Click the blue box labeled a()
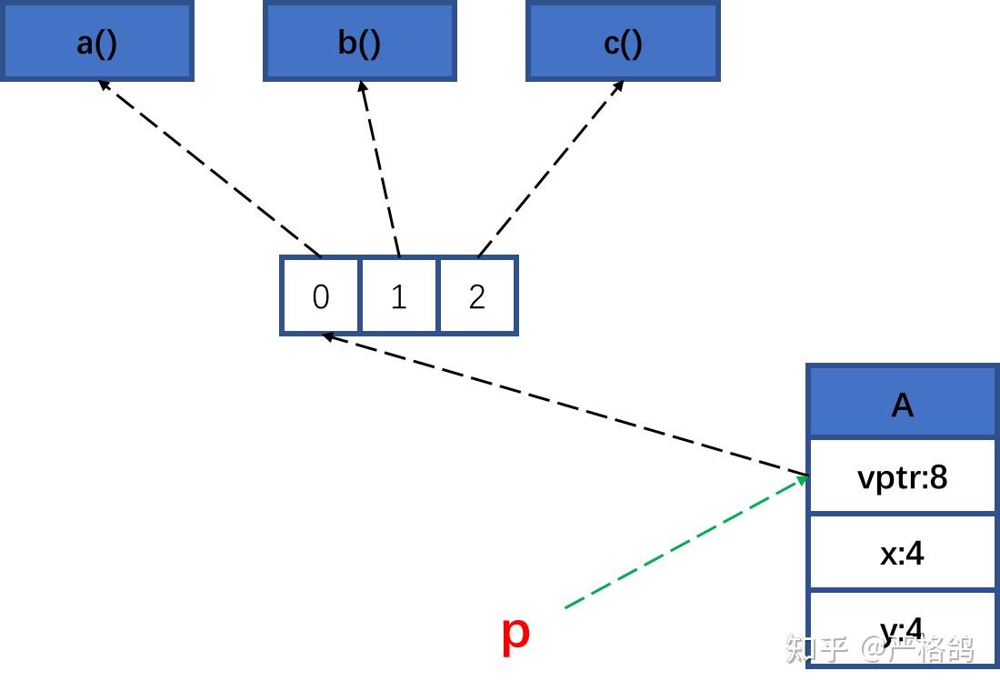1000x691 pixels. coord(96,42)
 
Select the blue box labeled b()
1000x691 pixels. coord(359,42)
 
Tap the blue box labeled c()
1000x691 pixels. coord(623,42)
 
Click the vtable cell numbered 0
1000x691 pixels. coord(321,296)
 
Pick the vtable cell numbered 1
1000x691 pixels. coord(399,296)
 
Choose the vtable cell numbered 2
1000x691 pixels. coord(477,296)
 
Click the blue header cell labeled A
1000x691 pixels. coord(902,403)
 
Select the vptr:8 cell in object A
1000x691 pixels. coord(902,477)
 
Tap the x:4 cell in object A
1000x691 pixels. coord(902,552)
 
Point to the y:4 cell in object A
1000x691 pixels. coord(902,626)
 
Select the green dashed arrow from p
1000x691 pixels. coord(682,543)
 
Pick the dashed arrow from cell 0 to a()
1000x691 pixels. coord(209,169)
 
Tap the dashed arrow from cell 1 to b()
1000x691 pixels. coord(380,169)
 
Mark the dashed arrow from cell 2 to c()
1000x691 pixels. coord(551,169)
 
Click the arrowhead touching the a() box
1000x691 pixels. coord(104,85)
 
